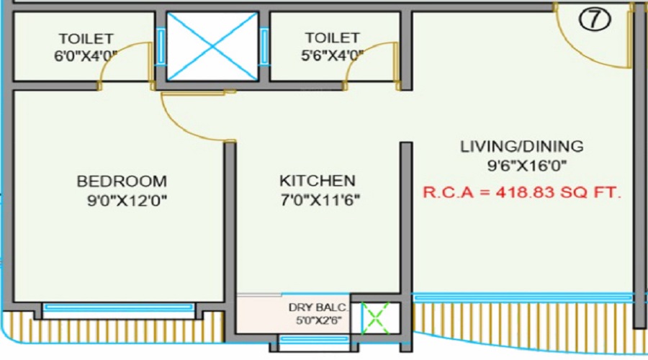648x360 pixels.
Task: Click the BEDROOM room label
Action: click(x=122, y=181)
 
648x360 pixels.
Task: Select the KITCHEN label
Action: click(x=318, y=181)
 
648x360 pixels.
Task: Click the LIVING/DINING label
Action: click(x=522, y=147)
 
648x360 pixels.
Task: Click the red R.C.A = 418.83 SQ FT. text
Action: click(x=522, y=193)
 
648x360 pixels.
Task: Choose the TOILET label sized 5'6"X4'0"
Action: click(x=331, y=37)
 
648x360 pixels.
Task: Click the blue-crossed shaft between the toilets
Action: click(x=213, y=45)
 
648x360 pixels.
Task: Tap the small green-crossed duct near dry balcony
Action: click(x=374, y=318)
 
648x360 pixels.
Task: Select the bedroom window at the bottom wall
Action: click(x=119, y=307)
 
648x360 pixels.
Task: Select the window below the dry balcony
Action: click(x=313, y=339)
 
